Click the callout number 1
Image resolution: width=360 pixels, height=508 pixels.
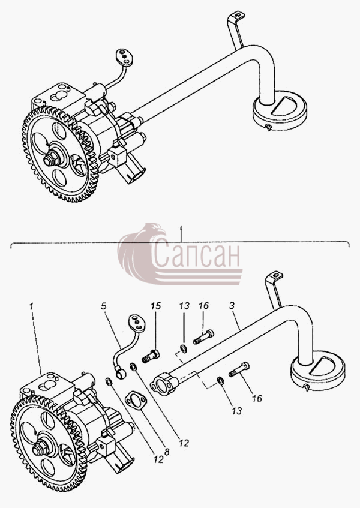[x=31, y=306]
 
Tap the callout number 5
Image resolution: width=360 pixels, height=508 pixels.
[x=104, y=306]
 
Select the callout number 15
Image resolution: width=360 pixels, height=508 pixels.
[x=156, y=306]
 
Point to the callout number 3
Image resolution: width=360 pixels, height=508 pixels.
[x=232, y=305]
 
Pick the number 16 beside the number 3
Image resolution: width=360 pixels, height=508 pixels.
[x=204, y=305]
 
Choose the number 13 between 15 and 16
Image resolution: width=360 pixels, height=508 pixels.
[x=184, y=306]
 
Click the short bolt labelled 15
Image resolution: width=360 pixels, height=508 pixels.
[x=151, y=356]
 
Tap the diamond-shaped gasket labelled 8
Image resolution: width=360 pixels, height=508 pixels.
[x=136, y=401]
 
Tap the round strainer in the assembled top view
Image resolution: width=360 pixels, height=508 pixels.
[x=280, y=110]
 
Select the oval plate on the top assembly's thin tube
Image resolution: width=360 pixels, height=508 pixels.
[x=125, y=58]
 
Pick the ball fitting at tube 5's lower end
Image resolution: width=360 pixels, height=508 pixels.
[x=121, y=374]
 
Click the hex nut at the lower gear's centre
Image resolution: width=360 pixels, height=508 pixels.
[x=38, y=450]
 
